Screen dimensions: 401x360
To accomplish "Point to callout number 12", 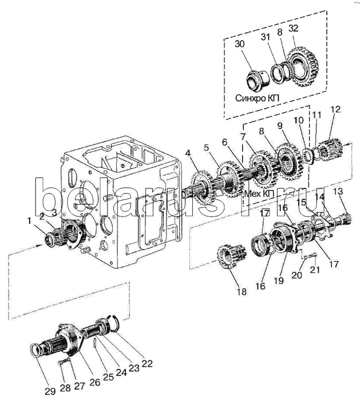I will [x=336, y=109].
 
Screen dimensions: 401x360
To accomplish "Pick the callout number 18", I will [x=241, y=292].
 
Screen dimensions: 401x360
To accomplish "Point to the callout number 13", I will [x=338, y=191].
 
